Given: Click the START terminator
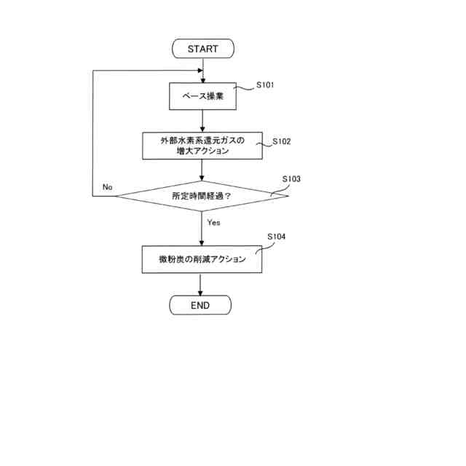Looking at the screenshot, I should click(x=202, y=49).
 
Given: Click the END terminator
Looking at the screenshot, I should click(x=200, y=305).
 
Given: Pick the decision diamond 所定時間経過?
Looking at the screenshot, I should click(x=202, y=196).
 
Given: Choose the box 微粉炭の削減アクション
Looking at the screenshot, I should click(x=202, y=259).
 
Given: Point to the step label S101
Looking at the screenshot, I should click(x=265, y=85).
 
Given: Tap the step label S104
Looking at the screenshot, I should click(x=276, y=237).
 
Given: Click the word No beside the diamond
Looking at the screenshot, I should click(x=108, y=187).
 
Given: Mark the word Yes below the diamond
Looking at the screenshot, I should click(x=213, y=222).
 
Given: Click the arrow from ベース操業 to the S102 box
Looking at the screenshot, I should click(x=202, y=120).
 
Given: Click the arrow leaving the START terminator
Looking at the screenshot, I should click(x=202, y=66).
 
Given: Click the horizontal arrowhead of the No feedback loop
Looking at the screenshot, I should click(x=197, y=71).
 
